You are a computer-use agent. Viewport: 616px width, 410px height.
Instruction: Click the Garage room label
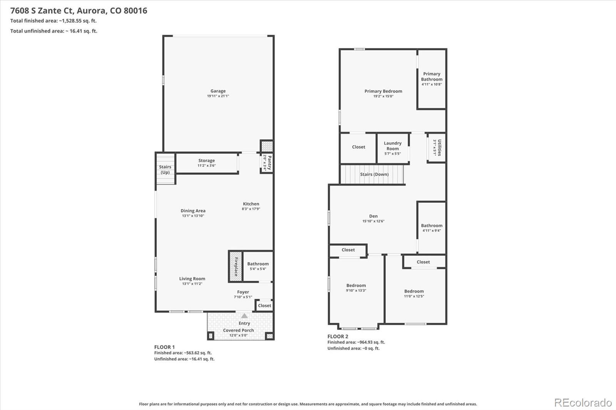pyautogui.click(x=218, y=91)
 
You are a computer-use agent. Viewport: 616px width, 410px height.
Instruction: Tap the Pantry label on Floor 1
pyautogui.click(x=269, y=163)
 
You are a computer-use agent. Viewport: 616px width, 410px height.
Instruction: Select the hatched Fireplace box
pyautogui.click(x=236, y=266)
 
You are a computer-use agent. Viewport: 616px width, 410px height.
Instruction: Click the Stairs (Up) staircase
pyautogui.click(x=165, y=169)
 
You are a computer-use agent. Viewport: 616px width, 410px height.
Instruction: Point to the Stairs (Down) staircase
pyautogui.click(x=372, y=174)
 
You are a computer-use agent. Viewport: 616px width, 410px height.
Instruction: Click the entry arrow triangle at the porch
pyautogui.click(x=244, y=315)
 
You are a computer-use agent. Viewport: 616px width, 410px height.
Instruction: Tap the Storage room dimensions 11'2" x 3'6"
pyautogui.click(x=206, y=165)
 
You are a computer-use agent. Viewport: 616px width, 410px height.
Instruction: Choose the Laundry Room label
pyautogui.click(x=392, y=146)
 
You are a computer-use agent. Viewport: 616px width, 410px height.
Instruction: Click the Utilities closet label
pyautogui.click(x=439, y=148)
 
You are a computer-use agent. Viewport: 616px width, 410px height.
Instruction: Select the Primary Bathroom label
pyautogui.click(x=432, y=77)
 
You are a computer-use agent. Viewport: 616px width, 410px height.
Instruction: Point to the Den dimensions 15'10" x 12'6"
pyautogui.click(x=373, y=221)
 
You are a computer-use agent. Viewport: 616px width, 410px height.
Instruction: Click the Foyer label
pyautogui.click(x=243, y=292)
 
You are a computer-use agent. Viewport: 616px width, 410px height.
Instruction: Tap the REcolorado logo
pyautogui.click(x=583, y=403)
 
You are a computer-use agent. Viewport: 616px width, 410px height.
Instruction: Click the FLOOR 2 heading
pyautogui.click(x=338, y=337)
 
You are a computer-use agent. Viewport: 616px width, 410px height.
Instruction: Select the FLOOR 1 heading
pyautogui.click(x=164, y=347)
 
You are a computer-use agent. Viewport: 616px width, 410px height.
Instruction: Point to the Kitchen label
pyautogui.click(x=251, y=204)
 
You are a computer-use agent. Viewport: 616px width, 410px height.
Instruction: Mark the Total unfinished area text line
pyautogui.click(x=54, y=31)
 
